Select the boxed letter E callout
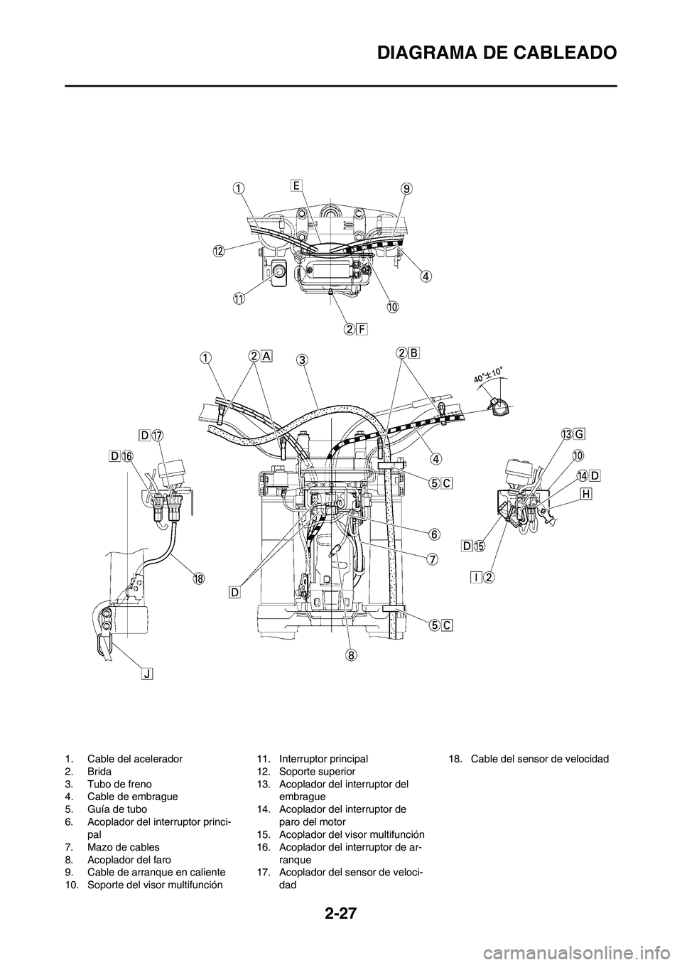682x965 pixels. tap(296, 185)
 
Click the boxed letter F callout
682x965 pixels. tap(362, 329)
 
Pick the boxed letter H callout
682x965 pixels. tap(586, 494)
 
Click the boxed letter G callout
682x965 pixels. tap(580, 435)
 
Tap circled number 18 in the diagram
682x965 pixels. tap(198, 578)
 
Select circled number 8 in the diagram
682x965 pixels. tap(351, 655)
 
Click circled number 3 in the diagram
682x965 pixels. tap(303, 360)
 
